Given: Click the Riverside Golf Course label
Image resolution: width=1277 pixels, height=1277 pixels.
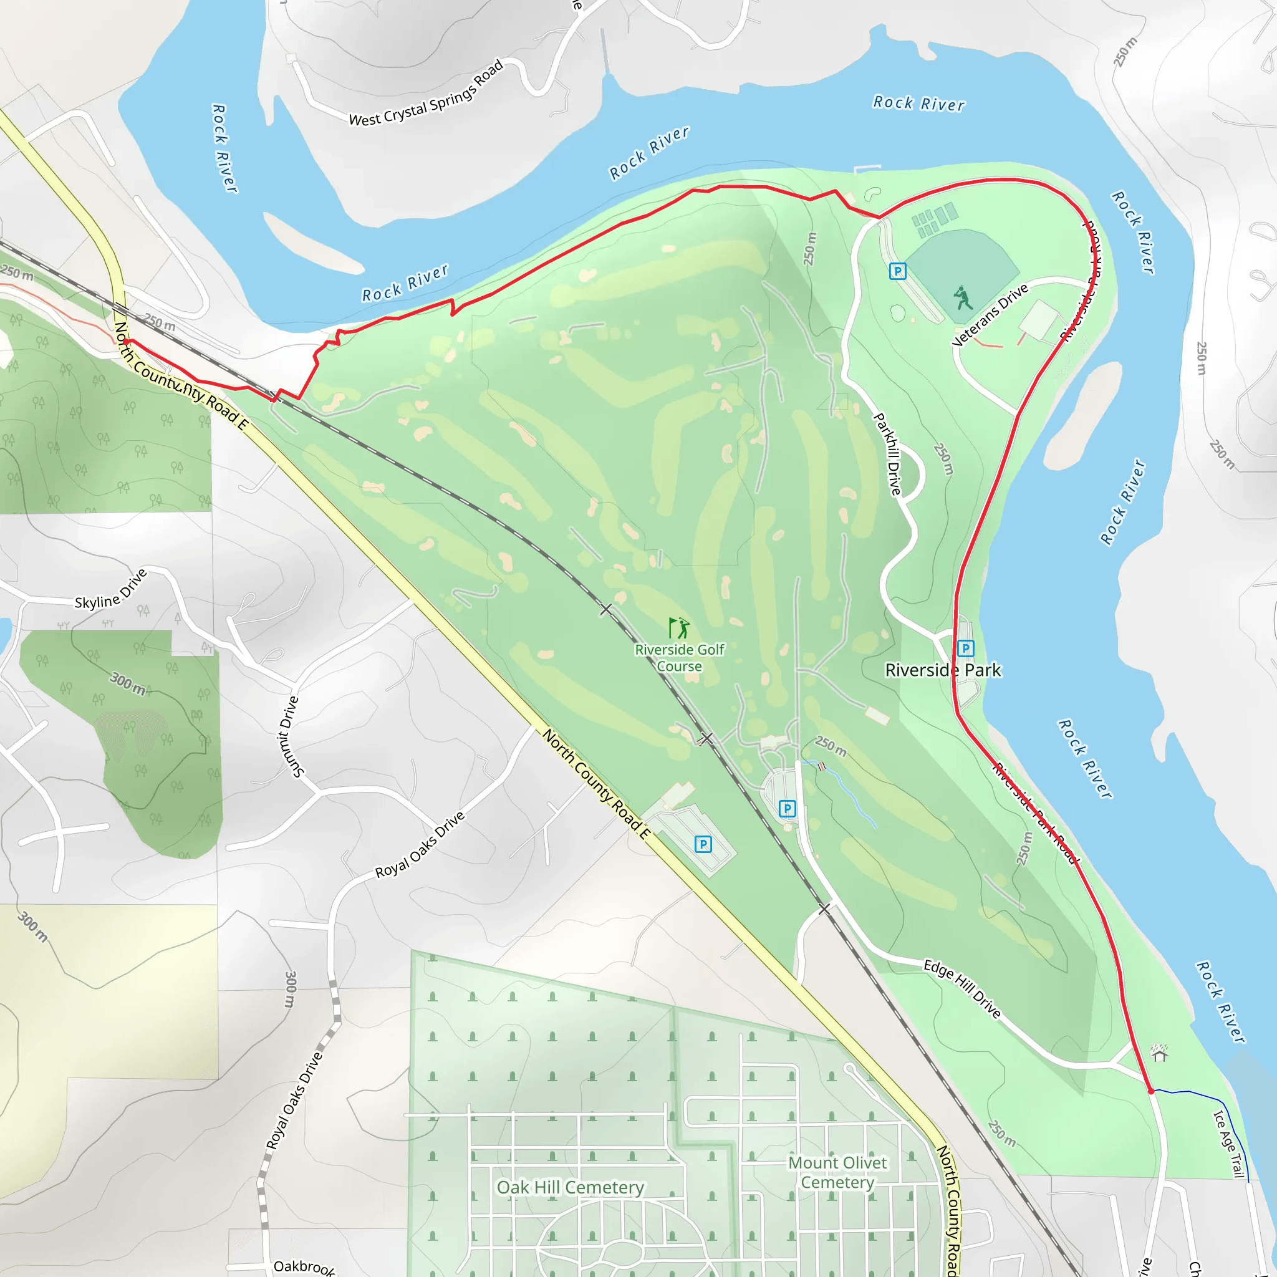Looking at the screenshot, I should pos(680,658).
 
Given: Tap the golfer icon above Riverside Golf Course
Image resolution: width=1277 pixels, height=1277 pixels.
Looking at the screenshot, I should pos(679,627).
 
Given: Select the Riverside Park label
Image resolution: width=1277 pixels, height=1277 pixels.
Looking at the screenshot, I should pos(943,670).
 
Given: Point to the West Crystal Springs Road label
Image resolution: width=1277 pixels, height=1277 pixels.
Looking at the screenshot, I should pos(426,94).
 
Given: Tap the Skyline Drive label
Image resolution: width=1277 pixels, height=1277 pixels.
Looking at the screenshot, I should pos(110,590).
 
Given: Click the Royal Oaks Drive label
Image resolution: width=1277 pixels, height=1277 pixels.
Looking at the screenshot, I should pos(420,844).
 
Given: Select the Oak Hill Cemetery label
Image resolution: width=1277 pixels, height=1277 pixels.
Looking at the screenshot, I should pos(571,1188).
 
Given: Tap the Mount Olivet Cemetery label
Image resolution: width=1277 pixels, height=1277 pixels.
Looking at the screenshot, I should pos(837,1172).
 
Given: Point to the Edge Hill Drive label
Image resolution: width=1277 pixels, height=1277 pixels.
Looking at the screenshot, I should pos(962,989).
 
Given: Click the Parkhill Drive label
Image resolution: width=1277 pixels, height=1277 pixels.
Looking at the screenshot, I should pos(887,454).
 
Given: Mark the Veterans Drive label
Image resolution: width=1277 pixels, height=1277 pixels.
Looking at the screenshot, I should pos(990,315).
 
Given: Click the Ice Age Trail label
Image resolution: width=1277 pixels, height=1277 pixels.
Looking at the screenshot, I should pos(1229,1144).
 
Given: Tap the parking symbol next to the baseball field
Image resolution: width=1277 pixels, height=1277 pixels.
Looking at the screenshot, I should pos(898,271).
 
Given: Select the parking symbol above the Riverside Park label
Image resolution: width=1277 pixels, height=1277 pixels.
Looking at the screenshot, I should pos(966,648).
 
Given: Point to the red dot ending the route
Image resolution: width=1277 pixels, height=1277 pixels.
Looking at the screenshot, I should pos(1151,1091).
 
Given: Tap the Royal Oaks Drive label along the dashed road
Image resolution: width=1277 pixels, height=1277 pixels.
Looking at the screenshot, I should pos(294,1101).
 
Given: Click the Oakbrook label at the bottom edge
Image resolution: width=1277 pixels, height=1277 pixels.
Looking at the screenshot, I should pos(304,1266).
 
